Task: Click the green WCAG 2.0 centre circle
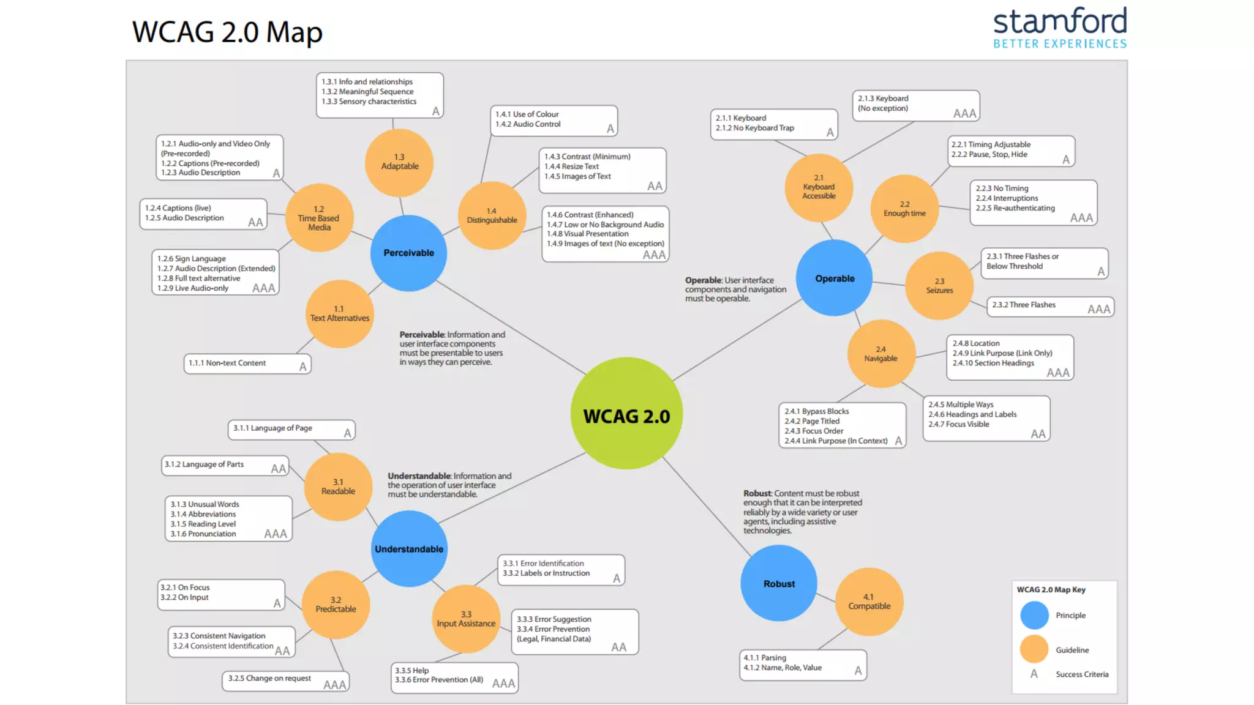pos(626,414)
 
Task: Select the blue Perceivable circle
pos(408,253)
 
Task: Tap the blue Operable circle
pos(834,278)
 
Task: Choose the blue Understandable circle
pos(408,548)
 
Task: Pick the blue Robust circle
pos(778,583)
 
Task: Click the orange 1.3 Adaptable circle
pos(399,162)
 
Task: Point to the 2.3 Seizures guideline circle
pos(939,285)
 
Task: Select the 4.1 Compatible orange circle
pos(869,601)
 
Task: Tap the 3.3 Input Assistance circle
pos(465,618)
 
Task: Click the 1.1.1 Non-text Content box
pos(247,364)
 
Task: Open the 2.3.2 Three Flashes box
pos(1049,306)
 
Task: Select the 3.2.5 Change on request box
pos(285,680)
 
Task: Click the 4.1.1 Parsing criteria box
pos(802,664)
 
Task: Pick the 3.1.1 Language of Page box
pos(291,429)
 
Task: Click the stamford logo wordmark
pos(1059,22)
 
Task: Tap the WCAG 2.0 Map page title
pos(227,32)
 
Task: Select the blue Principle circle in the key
pos(1034,615)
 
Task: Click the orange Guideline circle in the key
pos(1034,649)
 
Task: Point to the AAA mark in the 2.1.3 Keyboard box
pos(964,113)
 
